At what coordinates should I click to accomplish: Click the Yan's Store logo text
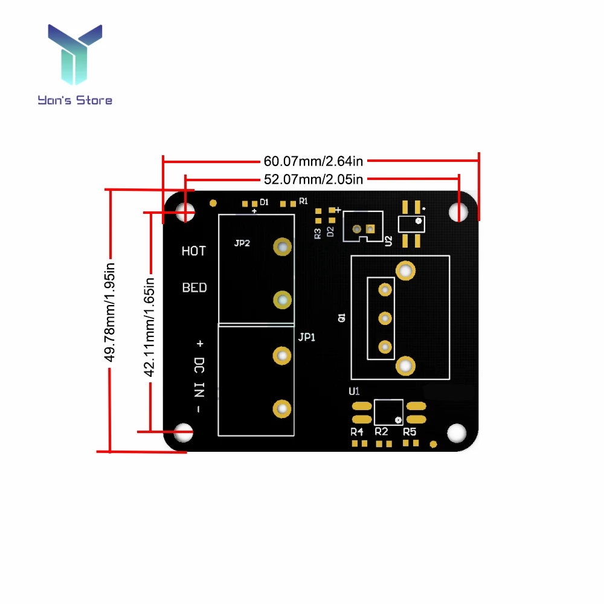75,100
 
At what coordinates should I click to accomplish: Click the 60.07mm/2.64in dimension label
313,161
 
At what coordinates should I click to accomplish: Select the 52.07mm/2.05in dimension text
313,179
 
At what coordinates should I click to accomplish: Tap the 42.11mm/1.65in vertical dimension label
150,326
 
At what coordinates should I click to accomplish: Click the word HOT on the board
194,251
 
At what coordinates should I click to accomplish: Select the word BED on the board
194,288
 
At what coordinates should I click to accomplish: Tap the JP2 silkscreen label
242,243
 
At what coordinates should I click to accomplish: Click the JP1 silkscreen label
307,338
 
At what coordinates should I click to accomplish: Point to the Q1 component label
342,316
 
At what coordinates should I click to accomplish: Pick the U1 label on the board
355,391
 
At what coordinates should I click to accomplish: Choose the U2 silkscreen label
388,241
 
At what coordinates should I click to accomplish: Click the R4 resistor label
357,432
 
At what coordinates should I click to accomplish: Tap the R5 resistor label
410,432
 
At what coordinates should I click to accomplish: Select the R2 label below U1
381,432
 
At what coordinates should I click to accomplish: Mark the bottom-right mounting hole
457,432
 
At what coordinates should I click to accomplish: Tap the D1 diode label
264,202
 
